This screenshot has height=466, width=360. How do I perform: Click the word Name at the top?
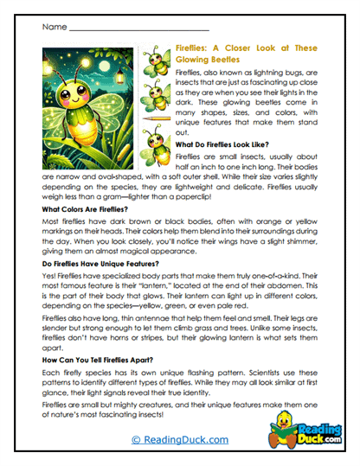click(53, 28)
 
